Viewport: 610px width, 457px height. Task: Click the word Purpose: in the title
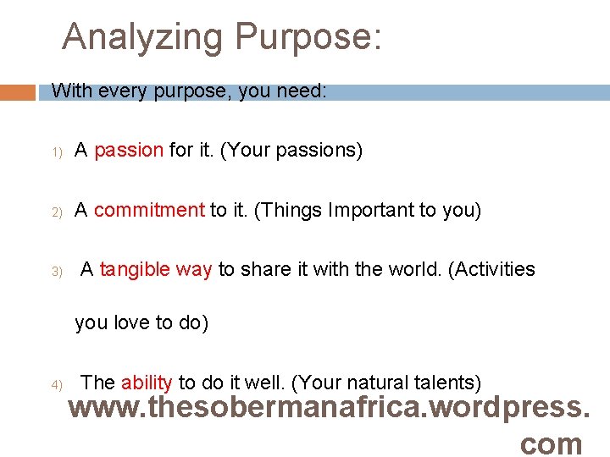308,38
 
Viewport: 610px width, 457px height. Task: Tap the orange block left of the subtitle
18,92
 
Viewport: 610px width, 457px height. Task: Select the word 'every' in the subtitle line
122,91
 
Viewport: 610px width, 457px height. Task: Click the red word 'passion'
129,151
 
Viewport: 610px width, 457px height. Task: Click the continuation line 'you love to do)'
141,323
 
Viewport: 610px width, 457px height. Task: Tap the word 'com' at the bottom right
552,443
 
